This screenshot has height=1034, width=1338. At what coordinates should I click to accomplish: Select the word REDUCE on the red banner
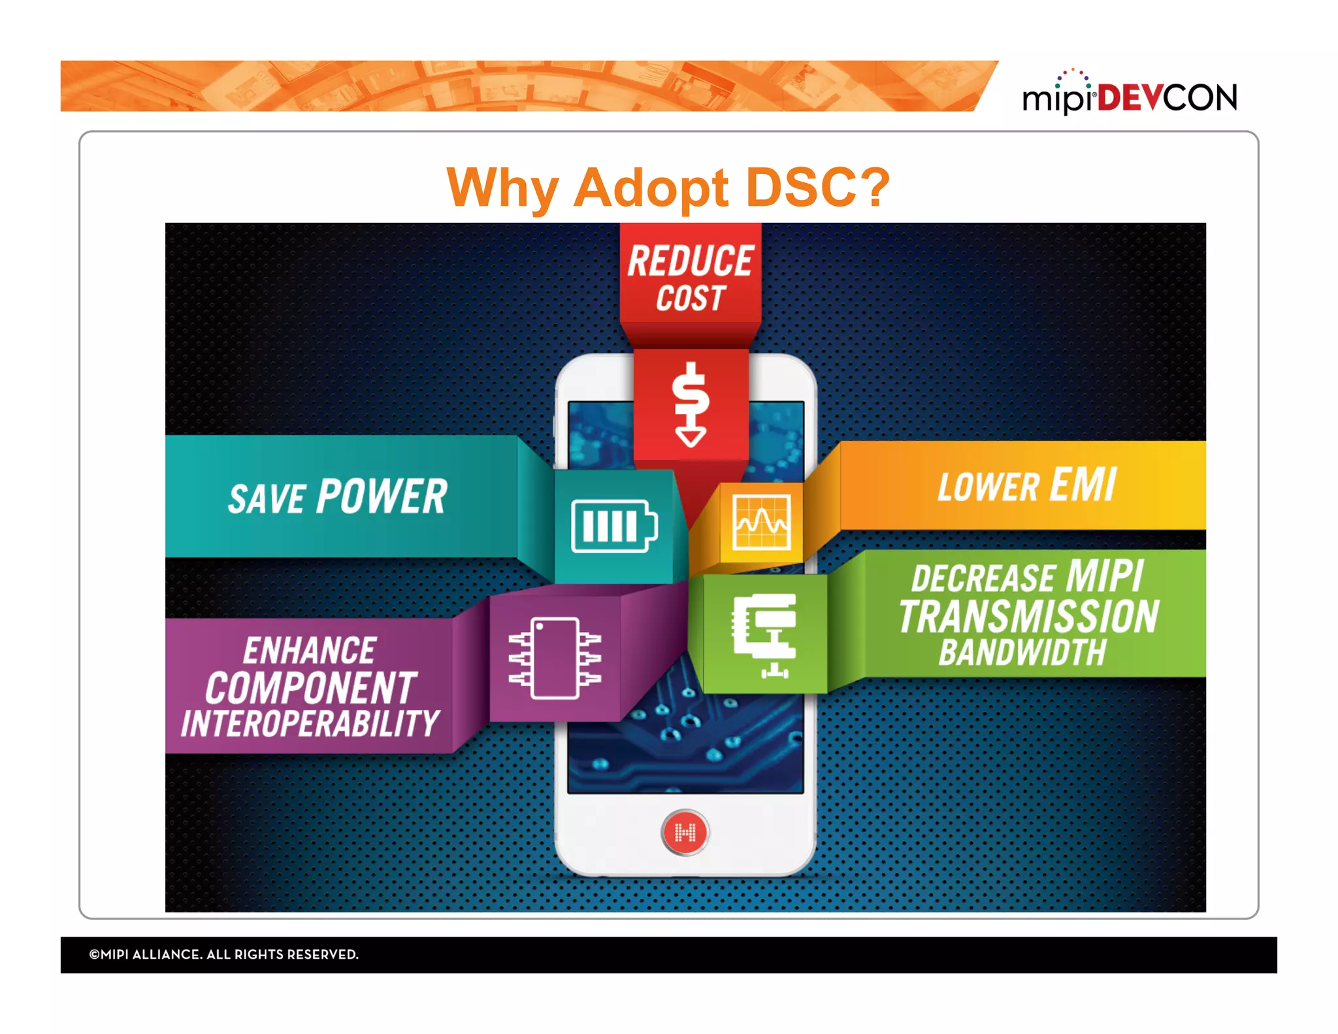(690, 261)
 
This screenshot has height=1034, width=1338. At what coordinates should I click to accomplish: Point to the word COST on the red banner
(691, 299)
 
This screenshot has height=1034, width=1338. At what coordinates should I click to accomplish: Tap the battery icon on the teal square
(614, 526)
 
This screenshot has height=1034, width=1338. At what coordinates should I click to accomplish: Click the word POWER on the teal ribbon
(382, 497)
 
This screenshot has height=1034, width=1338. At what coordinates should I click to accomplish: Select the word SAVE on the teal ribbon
(267, 500)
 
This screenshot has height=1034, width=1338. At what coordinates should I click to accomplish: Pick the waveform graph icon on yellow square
(762, 522)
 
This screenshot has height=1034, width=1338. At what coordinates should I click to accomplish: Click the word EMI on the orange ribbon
(1083, 485)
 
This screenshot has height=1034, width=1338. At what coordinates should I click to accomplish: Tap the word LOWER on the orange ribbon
(988, 488)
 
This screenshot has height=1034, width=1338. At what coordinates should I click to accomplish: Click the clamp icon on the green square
(766, 635)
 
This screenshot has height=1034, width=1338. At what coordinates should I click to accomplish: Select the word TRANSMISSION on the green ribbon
(1028, 616)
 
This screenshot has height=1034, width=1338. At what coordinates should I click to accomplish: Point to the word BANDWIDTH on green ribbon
(1022, 653)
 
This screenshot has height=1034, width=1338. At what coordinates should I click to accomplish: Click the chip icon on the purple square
(555, 658)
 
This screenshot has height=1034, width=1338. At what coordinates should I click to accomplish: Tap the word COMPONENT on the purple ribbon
(311, 688)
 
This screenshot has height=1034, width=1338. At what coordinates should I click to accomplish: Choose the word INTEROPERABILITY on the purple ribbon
(310, 724)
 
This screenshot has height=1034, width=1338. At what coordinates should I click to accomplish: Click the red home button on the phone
(685, 832)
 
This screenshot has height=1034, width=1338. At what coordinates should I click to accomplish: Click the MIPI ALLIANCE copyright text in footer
(223, 954)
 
